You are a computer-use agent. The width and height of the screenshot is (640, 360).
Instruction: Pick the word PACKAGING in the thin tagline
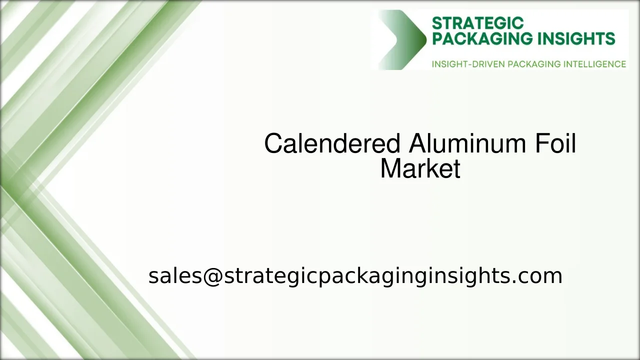[x=534, y=64]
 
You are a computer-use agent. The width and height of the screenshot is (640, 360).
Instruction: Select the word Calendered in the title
[x=332, y=144]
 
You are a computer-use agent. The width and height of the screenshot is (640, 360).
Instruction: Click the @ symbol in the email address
[x=212, y=276]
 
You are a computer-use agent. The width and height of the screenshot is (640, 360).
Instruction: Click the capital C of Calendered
[x=273, y=144]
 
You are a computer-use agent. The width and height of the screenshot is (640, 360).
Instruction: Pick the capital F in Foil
[x=541, y=144]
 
